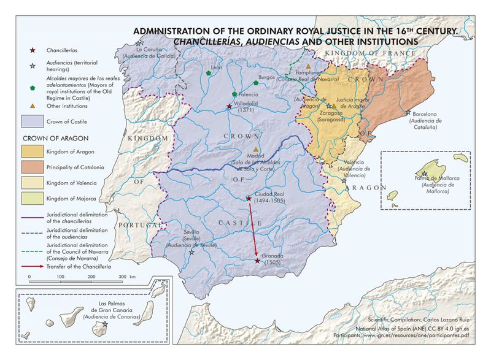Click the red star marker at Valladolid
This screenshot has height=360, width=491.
click(230, 106)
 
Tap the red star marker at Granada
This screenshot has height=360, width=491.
click(257, 261)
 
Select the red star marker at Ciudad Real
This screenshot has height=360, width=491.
click(248, 198)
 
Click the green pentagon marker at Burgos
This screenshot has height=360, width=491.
click(255, 83)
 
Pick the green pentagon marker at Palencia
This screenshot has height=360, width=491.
click(234, 94)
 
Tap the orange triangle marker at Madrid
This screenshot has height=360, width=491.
click(256, 149)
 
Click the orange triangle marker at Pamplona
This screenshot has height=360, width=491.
click(308, 66)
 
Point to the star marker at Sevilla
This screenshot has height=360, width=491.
click(192, 251)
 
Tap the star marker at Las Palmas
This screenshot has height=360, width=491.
click(105, 323)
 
